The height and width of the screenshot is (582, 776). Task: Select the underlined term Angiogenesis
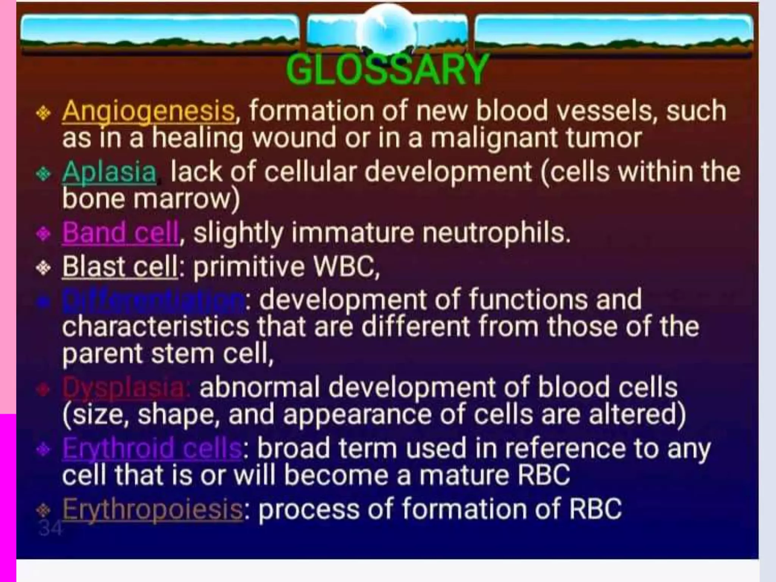[149, 111]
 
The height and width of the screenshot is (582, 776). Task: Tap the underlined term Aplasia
[109, 172]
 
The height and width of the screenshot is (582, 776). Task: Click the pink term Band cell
[120, 232]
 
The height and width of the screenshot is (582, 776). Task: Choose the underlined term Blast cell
[120, 266]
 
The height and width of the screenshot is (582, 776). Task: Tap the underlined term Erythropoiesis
[152, 509]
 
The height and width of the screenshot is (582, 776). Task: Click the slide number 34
[50, 528]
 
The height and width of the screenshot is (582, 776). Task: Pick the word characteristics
[155, 327]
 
